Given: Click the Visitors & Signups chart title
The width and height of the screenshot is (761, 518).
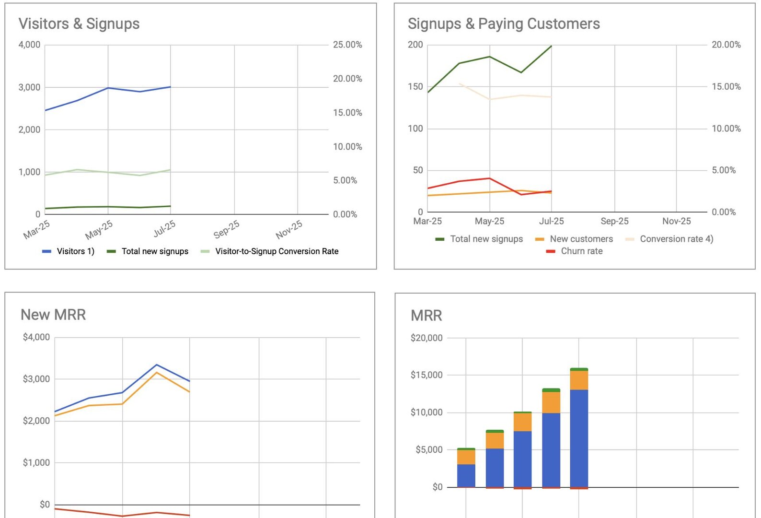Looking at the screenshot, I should tap(79, 24).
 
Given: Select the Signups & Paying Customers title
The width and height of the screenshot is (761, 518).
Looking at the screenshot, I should tap(503, 24).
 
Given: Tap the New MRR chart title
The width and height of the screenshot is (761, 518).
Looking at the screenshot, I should tap(53, 315).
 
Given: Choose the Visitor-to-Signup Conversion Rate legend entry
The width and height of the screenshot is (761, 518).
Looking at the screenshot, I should tap(277, 251).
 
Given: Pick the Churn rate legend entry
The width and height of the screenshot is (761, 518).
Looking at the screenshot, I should tap(581, 251).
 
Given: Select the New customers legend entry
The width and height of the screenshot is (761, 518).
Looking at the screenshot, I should tap(581, 239).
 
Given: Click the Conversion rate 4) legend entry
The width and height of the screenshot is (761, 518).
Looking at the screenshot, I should tap(676, 239).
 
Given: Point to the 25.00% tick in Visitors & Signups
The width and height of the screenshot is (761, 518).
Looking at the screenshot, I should tap(347, 45).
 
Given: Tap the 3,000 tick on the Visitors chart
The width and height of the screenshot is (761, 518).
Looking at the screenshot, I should tap(29, 87).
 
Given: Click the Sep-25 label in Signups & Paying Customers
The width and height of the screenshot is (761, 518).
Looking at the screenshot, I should tap(614, 221).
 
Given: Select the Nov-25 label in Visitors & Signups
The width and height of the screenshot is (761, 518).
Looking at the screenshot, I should tap(289, 229).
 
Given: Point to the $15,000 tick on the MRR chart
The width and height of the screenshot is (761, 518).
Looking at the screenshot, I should tap(426, 375).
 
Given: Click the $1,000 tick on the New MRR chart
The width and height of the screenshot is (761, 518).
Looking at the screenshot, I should tap(36, 463).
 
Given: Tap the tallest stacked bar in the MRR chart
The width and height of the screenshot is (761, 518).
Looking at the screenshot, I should tap(579, 432).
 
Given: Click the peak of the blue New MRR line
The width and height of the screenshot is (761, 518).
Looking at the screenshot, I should tap(157, 365).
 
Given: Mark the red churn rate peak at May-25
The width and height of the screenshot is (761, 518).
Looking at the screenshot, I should tap(489, 178).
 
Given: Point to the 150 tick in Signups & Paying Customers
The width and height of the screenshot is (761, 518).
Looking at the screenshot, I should tap(415, 87).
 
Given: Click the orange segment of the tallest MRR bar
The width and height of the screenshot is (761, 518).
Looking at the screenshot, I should tap(579, 380).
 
